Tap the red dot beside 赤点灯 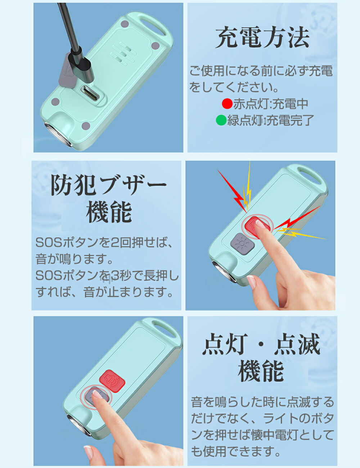pos(228,104)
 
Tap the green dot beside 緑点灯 pos(221,120)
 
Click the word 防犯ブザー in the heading pos(109,185)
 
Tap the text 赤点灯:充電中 pos(271,104)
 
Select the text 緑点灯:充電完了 pos(270,120)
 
